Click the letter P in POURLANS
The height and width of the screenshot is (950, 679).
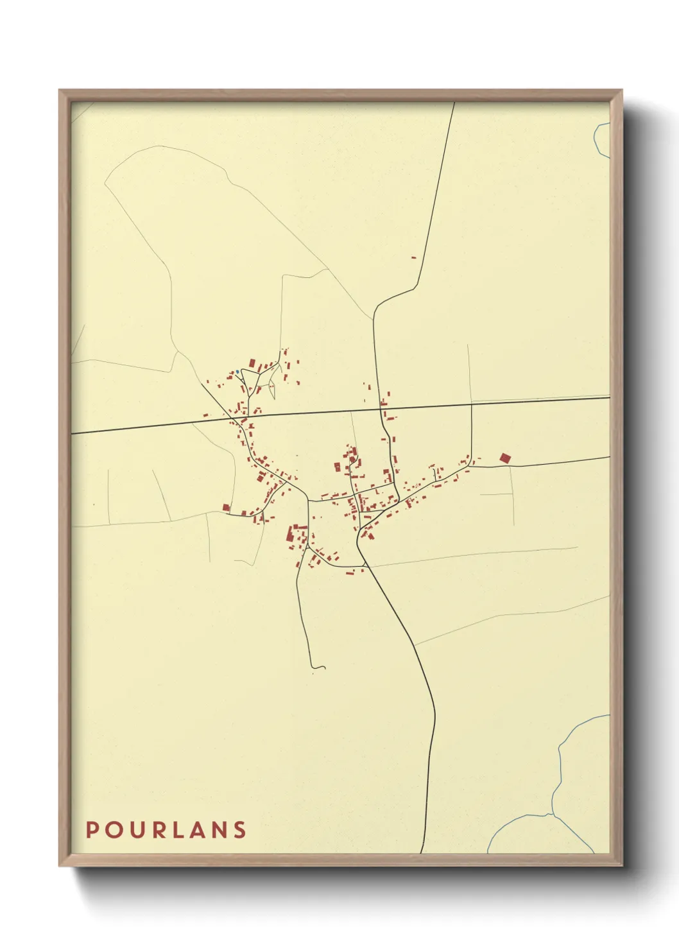[x=92, y=830]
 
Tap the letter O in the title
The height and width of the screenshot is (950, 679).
[x=112, y=830]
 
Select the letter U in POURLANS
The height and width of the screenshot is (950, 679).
[x=134, y=830]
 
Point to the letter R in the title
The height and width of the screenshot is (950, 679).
[x=155, y=830]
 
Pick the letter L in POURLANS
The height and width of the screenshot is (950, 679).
[x=175, y=830]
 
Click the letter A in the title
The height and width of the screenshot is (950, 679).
[x=195, y=830]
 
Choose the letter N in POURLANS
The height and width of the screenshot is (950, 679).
[x=218, y=830]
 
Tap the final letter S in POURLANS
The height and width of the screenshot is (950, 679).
[x=239, y=830]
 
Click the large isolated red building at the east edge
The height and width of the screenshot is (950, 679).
[x=505, y=458]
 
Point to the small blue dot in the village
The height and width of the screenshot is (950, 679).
[x=237, y=371]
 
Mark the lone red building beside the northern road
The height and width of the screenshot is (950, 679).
[x=413, y=257]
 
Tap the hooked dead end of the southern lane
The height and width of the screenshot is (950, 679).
[x=319, y=667]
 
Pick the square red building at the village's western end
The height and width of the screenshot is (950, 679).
[x=226, y=507]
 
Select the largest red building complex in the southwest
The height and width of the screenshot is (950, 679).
[x=297, y=534]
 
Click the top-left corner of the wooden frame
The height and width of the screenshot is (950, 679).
[x=60, y=91]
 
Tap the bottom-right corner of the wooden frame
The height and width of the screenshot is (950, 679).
[x=621, y=865]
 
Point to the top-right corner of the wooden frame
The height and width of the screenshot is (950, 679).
[x=621, y=91]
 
